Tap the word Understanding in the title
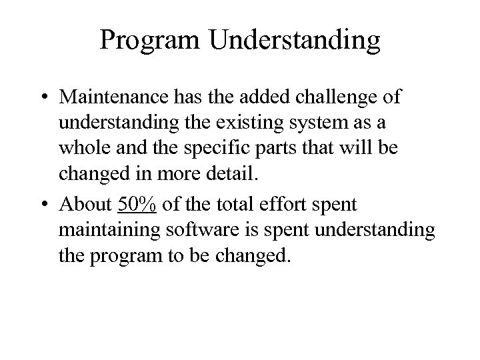pos(295,41)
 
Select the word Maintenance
pos(117,98)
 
